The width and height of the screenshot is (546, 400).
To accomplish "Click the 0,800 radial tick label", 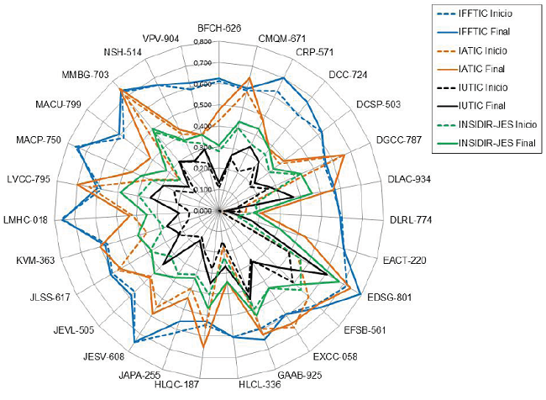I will tap(202, 42).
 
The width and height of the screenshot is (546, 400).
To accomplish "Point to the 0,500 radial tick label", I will tap(202, 106).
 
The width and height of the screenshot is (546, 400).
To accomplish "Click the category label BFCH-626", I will tap(218, 28).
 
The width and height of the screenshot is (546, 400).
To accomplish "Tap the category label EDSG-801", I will tap(390, 297).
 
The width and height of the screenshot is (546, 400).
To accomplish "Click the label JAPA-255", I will tap(139, 375).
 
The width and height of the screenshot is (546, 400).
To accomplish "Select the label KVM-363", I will tap(35, 260).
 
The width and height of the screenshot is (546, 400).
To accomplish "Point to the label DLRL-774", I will tap(410, 220).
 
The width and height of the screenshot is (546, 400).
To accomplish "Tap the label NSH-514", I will tap(123, 53).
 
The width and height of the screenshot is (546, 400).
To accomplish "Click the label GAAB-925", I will tap(300, 374).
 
